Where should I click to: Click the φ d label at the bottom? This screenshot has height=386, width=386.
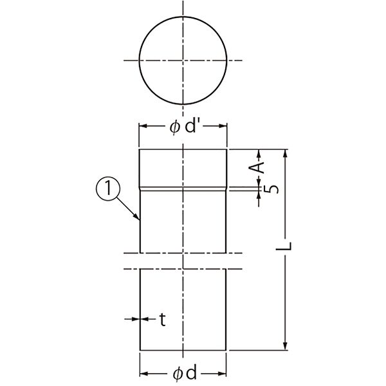click(x=185, y=373)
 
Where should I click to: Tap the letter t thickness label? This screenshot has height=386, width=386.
click(x=163, y=320)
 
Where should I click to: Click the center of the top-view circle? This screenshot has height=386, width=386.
click(x=183, y=60)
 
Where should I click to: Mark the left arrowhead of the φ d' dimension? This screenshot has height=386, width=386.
click(x=143, y=126)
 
